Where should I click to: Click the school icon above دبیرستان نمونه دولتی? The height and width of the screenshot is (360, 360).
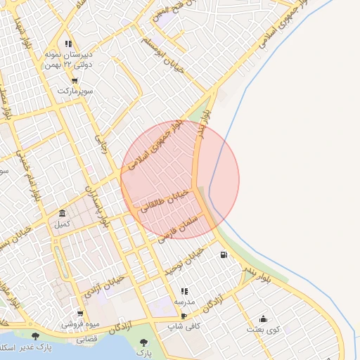tap(68, 44)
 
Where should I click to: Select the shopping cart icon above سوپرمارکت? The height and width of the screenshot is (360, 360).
tap(74, 81)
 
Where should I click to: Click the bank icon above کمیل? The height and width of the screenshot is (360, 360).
tap(63, 214)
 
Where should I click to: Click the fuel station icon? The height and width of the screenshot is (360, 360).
tap(224, 255)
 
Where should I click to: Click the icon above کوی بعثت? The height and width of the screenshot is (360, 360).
tap(264, 319)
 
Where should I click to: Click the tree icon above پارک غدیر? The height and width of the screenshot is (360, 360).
tap(35, 336)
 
